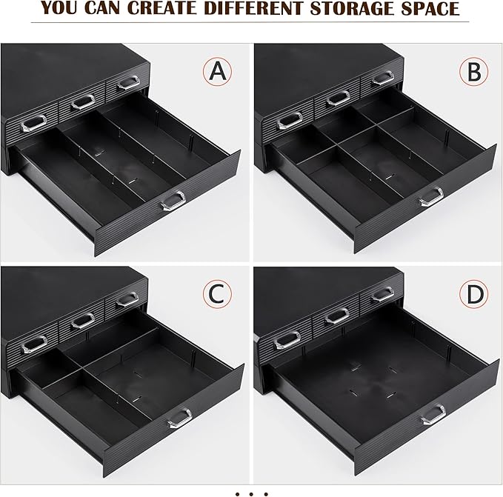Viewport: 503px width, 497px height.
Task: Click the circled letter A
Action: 217,71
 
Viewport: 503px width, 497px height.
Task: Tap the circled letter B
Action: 474,71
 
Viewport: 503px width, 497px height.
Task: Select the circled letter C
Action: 217,294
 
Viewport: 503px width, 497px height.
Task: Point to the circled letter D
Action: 474,294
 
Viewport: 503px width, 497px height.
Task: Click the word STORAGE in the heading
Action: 353,8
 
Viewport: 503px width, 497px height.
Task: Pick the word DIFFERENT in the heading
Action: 253,8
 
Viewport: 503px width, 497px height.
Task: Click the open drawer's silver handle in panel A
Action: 173,201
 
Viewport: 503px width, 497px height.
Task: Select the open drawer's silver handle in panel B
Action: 431,197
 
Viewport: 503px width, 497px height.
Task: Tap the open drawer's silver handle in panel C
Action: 179,418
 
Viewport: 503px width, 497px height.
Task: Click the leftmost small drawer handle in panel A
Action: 33,123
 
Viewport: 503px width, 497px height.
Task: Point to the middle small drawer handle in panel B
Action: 338,99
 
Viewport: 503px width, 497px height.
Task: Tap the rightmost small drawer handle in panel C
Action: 127,299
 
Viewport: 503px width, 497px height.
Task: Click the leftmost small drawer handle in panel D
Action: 287,341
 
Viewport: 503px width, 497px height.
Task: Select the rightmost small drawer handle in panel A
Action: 128,83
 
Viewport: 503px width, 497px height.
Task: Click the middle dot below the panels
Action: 251,494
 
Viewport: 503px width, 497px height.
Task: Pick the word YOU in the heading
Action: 59,8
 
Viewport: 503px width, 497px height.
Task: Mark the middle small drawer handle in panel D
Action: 337,317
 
